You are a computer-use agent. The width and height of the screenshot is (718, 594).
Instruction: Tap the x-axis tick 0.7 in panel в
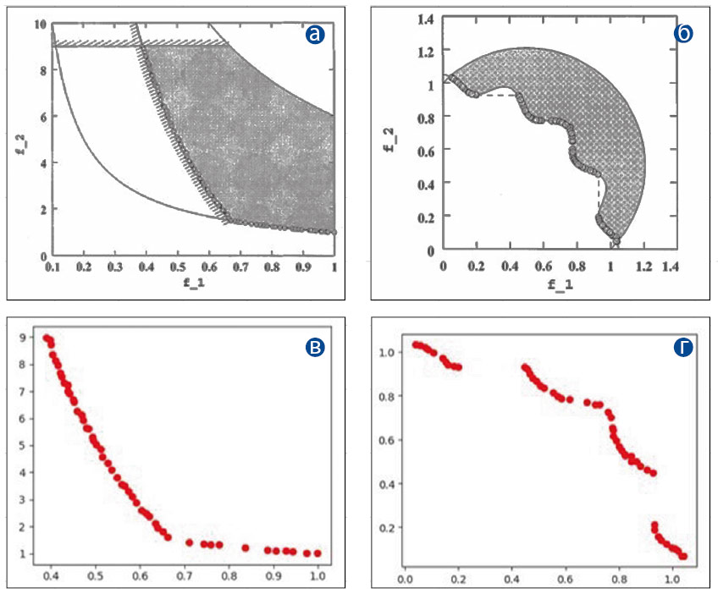[185, 576]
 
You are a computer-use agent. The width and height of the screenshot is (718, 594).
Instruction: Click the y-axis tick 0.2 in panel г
[386, 527]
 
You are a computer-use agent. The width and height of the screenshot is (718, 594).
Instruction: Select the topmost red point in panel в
[47, 338]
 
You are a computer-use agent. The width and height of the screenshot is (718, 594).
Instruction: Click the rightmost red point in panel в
[318, 553]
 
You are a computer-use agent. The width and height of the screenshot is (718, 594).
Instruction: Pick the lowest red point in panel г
[682, 556]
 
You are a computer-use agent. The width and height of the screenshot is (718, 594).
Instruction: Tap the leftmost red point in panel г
[416, 344]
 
